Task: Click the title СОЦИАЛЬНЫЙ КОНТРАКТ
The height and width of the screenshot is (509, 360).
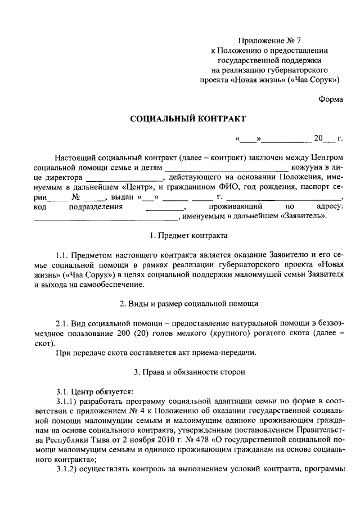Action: click(188, 119)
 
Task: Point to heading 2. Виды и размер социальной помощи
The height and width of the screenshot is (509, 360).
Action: click(188, 303)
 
